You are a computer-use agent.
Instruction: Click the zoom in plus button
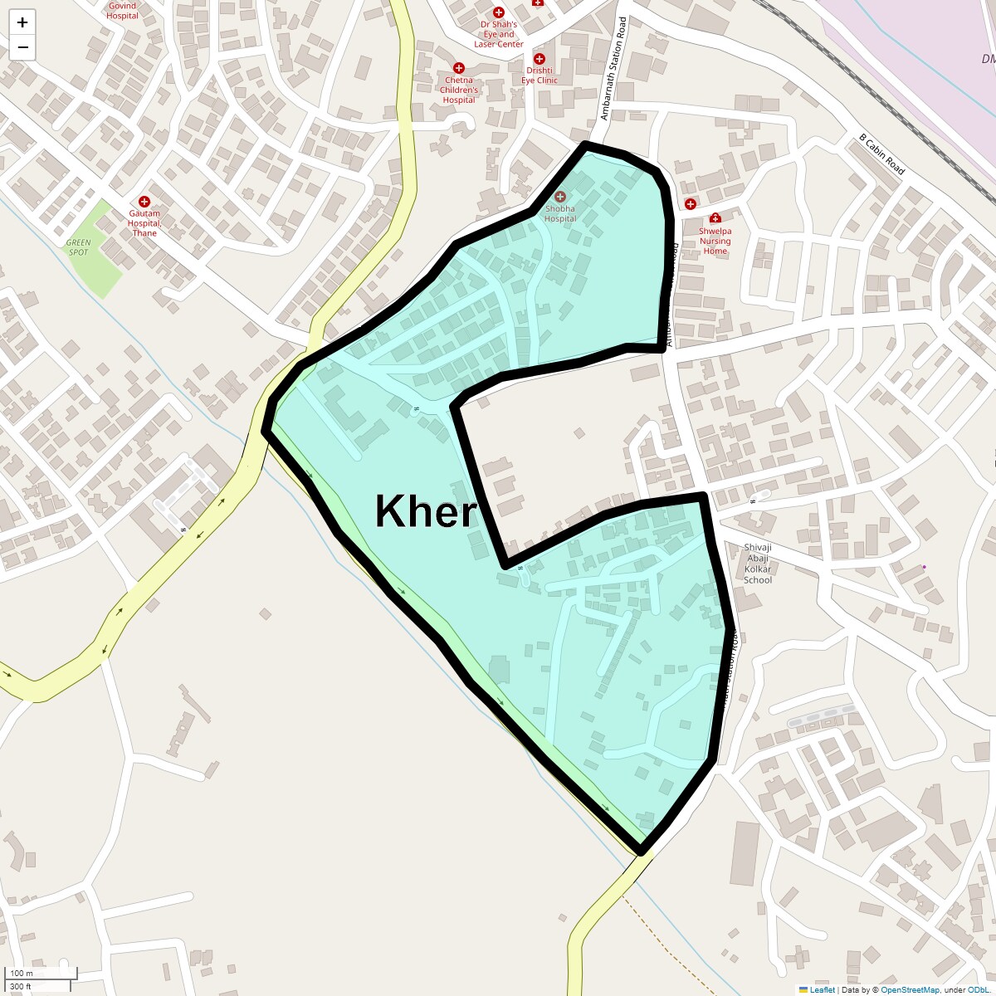click(x=22, y=22)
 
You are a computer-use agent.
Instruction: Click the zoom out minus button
click(x=22, y=47)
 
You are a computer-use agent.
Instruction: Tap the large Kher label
click(x=426, y=511)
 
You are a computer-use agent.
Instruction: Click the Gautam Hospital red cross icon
click(x=144, y=202)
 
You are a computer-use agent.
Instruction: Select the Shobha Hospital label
click(x=560, y=214)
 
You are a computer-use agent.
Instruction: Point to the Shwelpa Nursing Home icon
click(x=715, y=218)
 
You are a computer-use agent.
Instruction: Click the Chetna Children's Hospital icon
click(x=458, y=68)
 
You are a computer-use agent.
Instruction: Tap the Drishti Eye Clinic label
click(x=540, y=76)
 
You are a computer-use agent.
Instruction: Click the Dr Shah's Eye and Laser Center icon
click(x=499, y=12)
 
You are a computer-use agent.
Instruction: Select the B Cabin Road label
click(x=881, y=154)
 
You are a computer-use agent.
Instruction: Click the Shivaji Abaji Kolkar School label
click(x=757, y=564)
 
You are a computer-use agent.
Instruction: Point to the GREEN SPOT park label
click(x=78, y=247)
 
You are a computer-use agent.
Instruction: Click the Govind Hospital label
click(x=122, y=10)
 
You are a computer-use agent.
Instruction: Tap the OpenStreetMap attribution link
click(x=910, y=989)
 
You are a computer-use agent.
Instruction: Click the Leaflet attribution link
click(x=822, y=989)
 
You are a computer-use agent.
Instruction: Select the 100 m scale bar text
click(x=22, y=973)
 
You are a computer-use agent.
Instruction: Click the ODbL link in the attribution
click(x=978, y=989)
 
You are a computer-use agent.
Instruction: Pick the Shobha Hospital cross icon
click(x=560, y=197)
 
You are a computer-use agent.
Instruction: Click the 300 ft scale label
click(x=21, y=986)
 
